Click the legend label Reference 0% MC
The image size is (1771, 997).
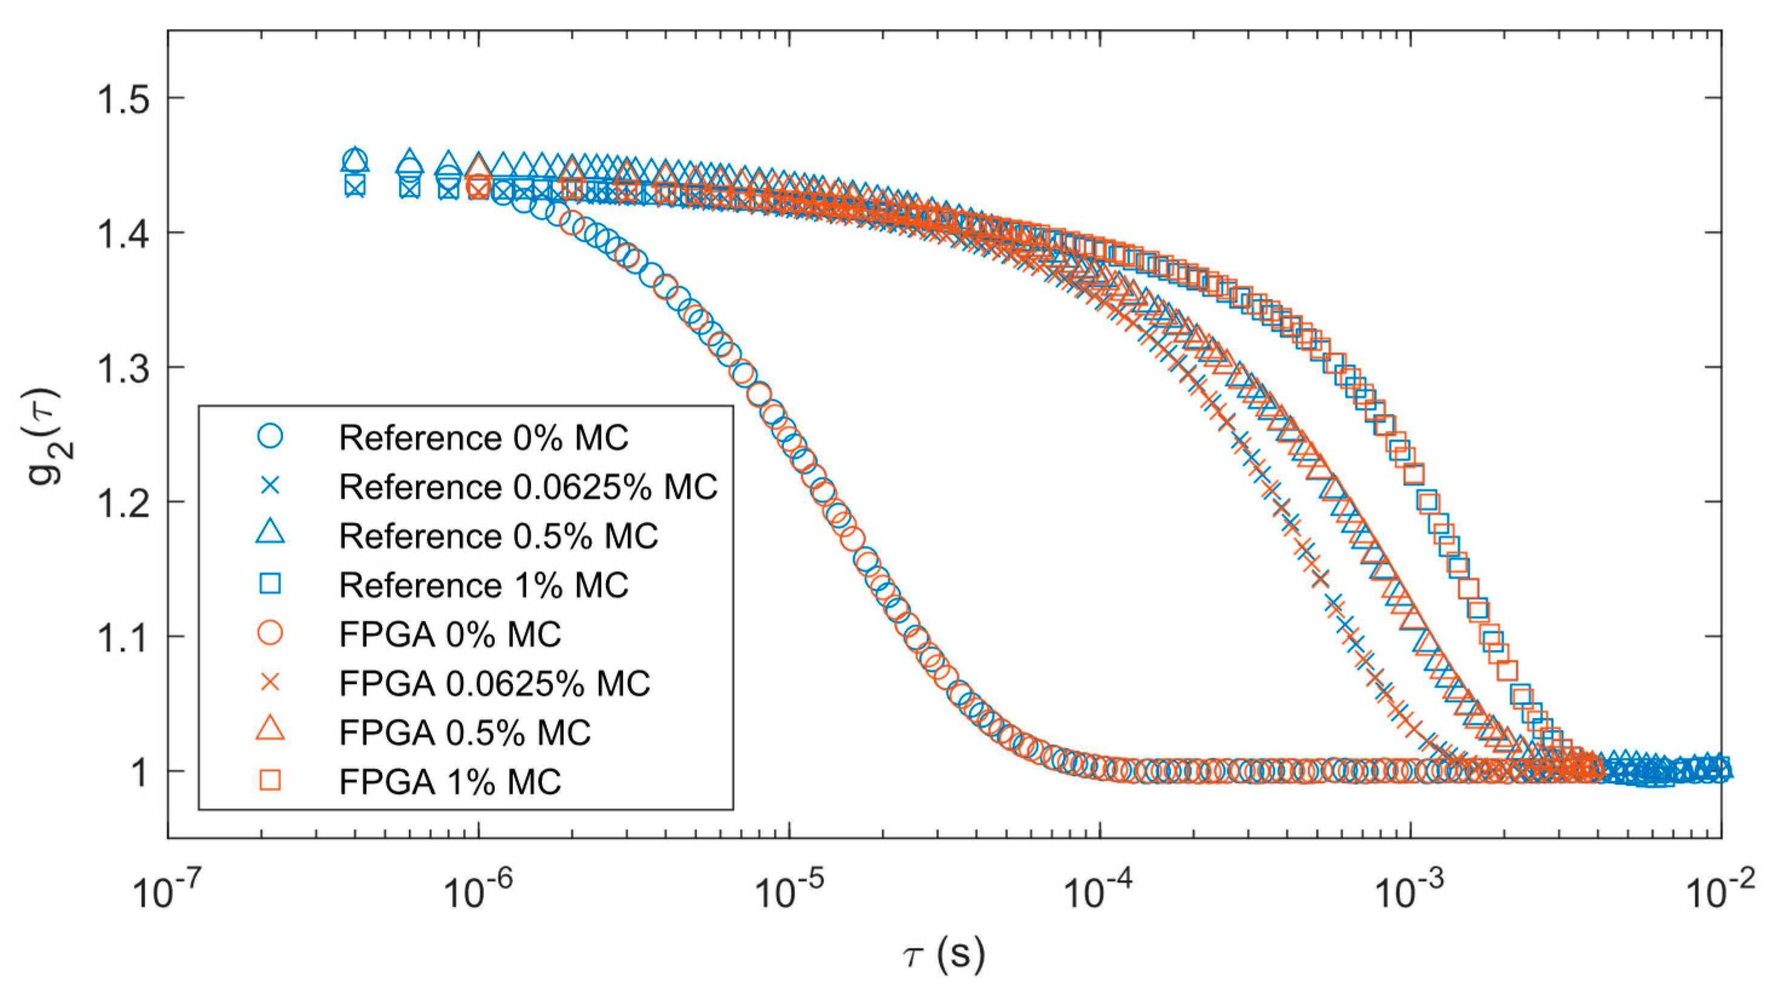[x=483, y=438]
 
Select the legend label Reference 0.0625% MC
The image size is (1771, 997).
[x=528, y=487]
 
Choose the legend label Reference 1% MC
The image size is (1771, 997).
[x=483, y=585]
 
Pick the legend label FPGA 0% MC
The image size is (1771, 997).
[x=449, y=634]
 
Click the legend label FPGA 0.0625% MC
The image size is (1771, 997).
[x=494, y=684]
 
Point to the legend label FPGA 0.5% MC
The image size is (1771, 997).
[x=465, y=732]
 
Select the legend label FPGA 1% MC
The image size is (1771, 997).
[x=449, y=782]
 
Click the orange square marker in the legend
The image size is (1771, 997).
[x=270, y=780]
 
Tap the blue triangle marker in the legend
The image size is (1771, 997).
[x=270, y=534]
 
